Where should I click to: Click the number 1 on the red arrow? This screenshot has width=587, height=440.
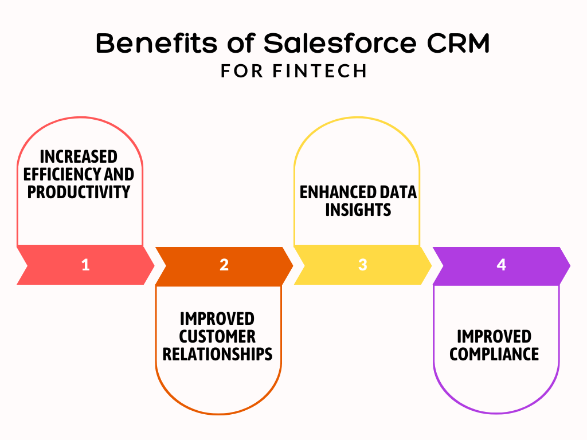(x=85, y=265)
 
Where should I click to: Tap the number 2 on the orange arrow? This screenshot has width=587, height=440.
(x=224, y=265)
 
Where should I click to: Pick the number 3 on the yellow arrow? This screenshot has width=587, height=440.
(x=362, y=265)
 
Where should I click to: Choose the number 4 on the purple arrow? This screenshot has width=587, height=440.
(x=501, y=265)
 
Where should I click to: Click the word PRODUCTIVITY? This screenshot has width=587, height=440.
(x=79, y=191)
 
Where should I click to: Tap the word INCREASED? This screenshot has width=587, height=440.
(x=79, y=156)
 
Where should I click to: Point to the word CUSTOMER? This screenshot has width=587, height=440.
(x=217, y=336)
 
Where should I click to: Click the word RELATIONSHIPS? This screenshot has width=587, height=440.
(x=217, y=353)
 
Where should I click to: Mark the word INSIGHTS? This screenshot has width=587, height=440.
(x=358, y=210)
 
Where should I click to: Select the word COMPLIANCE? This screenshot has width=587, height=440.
(x=494, y=353)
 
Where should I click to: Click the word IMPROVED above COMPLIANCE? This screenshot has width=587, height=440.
(x=494, y=336)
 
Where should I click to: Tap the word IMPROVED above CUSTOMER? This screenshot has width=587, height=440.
(x=217, y=318)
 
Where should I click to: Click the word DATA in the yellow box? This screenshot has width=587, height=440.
(x=398, y=192)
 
